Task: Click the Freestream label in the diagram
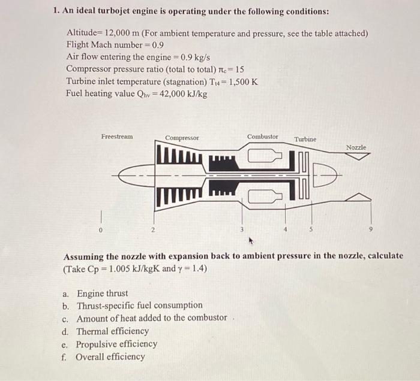[x=117, y=137]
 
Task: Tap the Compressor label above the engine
[x=182, y=138]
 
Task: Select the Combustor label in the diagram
[x=263, y=137]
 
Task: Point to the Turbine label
[x=305, y=139]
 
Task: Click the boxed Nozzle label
[x=356, y=147]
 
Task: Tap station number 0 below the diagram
[x=101, y=229]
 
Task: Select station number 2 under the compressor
[x=153, y=229]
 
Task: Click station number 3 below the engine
[x=242, y=229]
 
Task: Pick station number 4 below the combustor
[x=286, y=229]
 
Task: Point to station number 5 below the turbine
[x=311, y=229]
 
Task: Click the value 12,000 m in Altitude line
[x=124, y=33]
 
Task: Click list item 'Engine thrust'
[x=102, y=293]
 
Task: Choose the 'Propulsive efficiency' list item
[x=116, y=344]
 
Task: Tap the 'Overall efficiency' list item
[x=110, y=356]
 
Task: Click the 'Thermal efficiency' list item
[x=112, y=331]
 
